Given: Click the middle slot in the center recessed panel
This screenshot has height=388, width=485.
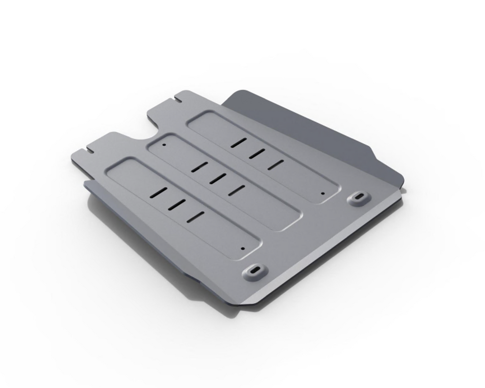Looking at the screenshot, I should coord(217,178).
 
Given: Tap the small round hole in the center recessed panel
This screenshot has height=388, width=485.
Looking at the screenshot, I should coord(164,144).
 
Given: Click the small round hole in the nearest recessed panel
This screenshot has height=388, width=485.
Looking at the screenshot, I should coord(242,248).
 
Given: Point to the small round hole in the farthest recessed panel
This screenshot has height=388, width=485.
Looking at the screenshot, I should coord(323,193).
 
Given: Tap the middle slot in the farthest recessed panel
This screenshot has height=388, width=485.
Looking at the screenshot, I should coord(257,154).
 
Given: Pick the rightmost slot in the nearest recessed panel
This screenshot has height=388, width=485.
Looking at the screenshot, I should coord(195,216).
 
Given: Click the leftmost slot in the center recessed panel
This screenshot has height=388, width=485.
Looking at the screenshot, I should coord(199,167).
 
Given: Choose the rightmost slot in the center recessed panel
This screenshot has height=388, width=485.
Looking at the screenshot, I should coord(237,189).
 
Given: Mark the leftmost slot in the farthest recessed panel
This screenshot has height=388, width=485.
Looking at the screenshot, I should coord(238,143).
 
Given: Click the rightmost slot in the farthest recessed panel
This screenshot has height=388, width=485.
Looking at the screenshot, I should coord(275,164).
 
